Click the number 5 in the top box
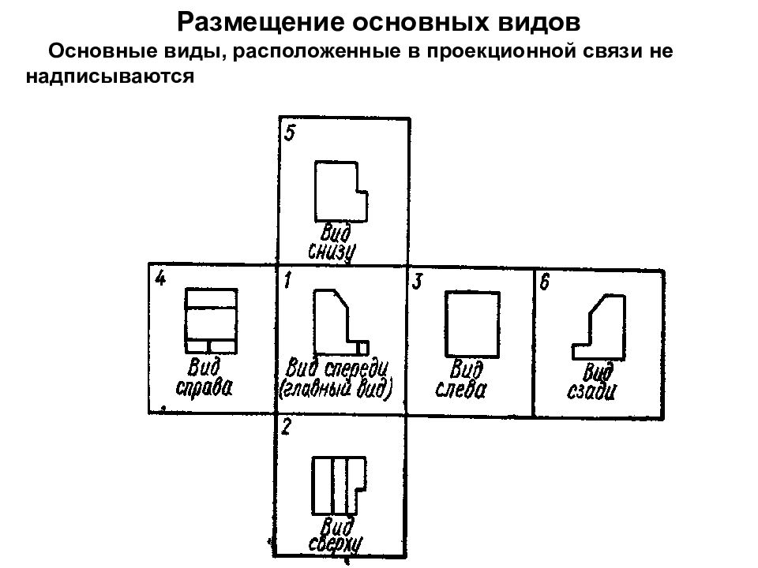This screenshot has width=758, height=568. [x=289, y=133]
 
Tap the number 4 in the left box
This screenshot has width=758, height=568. [x=160, y=278]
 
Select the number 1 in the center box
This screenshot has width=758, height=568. [x=288, y=280]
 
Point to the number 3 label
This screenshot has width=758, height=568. [x=417, y=281]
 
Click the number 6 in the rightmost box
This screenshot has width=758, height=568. [x=545, y=282]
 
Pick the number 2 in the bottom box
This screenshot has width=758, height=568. [x=286, y=427]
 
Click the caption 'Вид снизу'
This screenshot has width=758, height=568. [x=332, y=243]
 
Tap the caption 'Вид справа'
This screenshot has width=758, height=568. [x=204, y=378]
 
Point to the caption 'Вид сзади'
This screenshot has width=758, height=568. [x=591, y=383]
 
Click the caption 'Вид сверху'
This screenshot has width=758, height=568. [x=335, y=536]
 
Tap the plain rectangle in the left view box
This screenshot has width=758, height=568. [x=446, y=324]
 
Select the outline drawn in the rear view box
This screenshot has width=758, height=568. [x=625, y=327]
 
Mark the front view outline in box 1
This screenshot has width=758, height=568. [x=315, y=321]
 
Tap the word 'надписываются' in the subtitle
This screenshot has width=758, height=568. [x=111, y=77]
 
